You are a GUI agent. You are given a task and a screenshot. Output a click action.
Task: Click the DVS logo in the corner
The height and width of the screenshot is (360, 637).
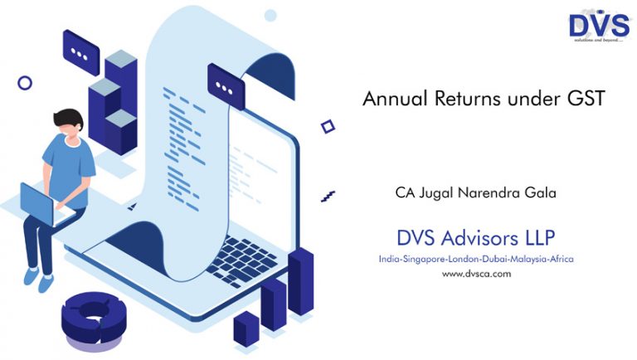click(x=599, y=27)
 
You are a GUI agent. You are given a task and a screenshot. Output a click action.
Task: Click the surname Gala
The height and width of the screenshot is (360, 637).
click(x=540, y=192)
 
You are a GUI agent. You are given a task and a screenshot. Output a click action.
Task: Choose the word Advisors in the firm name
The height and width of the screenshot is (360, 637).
click(x=479, y=238)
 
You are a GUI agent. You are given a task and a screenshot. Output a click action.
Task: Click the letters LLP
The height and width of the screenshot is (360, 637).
click(x=540, y=238)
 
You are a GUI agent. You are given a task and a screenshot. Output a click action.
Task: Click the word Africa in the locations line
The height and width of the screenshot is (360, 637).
click(x=562, y=259)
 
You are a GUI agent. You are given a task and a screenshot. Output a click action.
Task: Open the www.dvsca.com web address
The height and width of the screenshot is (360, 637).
click(x=477, y=274)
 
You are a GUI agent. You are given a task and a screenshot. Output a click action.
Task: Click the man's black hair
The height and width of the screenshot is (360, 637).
click(x=68, y=118)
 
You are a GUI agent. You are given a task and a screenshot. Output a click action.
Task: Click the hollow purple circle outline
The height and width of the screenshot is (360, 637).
click(x=25, y=83)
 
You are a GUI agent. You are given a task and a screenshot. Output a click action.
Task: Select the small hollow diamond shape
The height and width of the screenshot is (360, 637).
click(x=328, y=127)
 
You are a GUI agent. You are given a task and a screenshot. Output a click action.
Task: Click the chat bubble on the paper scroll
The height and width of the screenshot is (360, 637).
click(x=226, y=86)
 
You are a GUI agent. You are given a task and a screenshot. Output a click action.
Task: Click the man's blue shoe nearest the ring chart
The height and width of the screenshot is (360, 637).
click(x=46, y=283)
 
